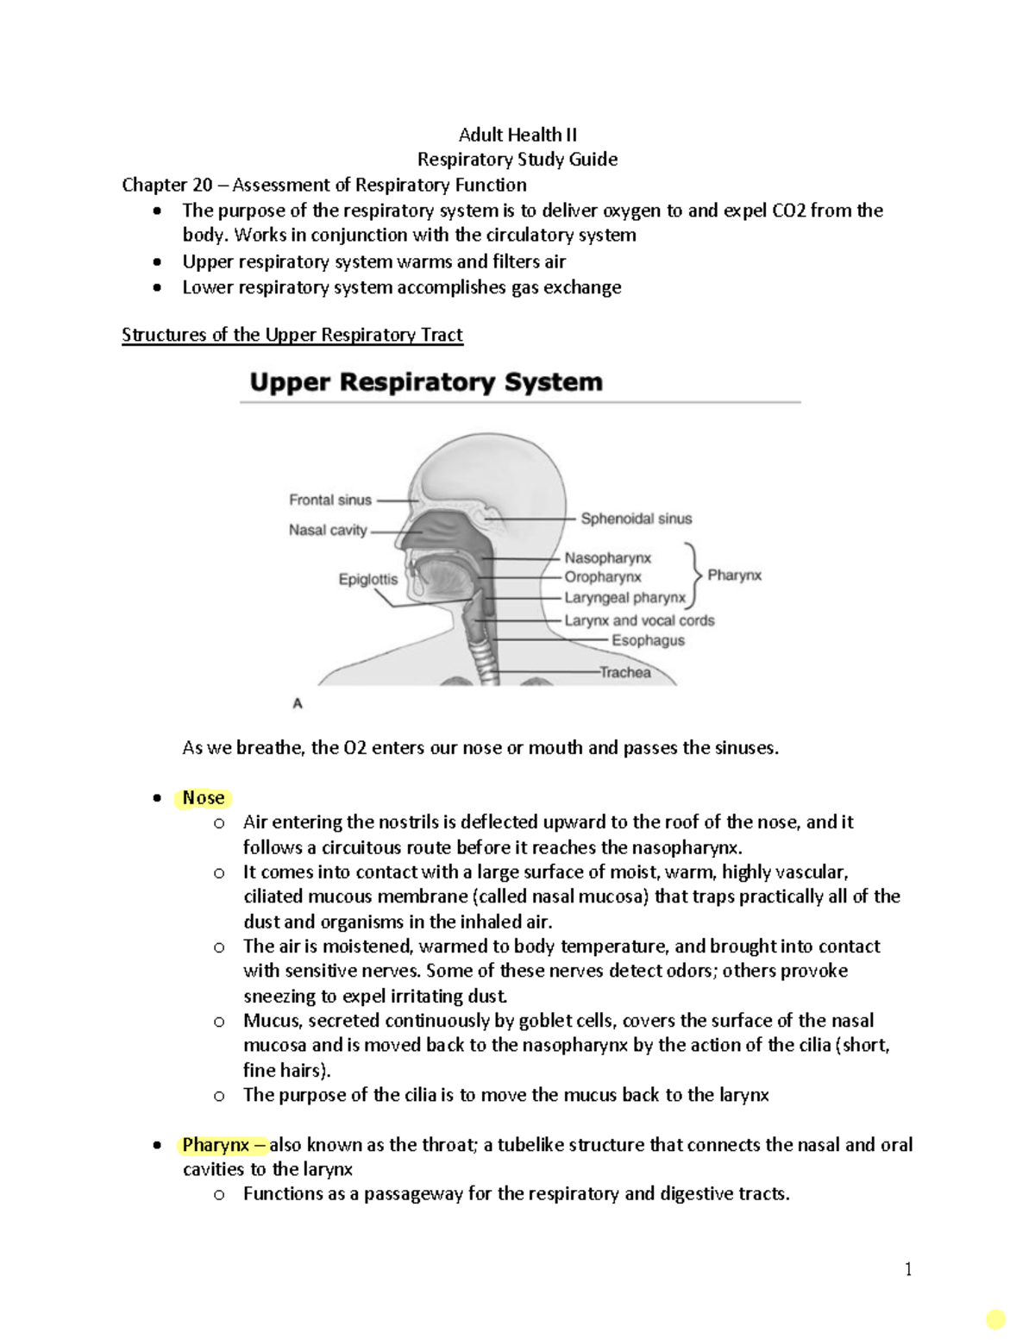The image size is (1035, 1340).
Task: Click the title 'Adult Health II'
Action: click(517, 135)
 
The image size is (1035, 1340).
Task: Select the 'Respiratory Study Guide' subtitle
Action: click(517, 160)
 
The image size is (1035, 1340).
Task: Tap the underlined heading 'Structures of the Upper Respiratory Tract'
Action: click(292, 335)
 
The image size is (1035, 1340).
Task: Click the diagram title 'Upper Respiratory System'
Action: click(426, 382)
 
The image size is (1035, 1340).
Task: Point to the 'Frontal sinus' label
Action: click(329, 500)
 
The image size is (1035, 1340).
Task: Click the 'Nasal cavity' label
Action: click(328, 530)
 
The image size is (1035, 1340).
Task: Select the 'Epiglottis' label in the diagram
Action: click(368, 580)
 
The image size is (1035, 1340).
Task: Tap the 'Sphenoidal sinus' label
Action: click(636, 519)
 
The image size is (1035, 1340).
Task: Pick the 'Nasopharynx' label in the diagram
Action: click(607, 558)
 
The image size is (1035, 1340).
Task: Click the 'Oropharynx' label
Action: click(603, 577)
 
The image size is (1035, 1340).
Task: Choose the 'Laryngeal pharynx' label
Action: click(624, 597)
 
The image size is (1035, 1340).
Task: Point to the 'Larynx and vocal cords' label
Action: click(639, 620)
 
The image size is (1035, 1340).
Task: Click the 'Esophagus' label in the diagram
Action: click(648, 640)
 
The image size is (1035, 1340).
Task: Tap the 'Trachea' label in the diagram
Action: click(625, 672)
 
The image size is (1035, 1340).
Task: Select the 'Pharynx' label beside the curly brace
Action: click(734, 576)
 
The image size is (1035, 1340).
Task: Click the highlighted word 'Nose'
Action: click(204, 798)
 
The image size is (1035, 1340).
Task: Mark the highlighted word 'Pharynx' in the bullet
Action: click(216, 1145)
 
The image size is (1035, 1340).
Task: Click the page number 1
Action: click(908, 1268)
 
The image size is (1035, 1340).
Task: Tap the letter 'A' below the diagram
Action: click(298, 703)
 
